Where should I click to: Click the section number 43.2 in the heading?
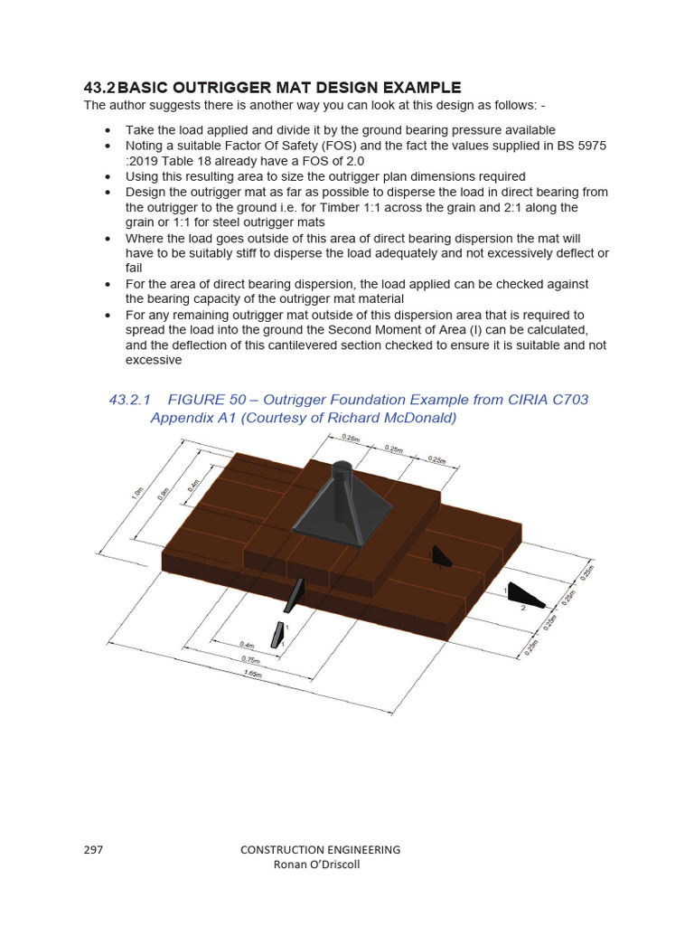pos(98,88)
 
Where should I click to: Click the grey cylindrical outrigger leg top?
pos(343,471)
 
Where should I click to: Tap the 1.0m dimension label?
pos(136,494)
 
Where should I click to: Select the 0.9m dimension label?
pos(163,494)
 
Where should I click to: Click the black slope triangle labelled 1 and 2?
pos(522,595)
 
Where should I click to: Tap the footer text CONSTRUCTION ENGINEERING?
pos(320,850)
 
